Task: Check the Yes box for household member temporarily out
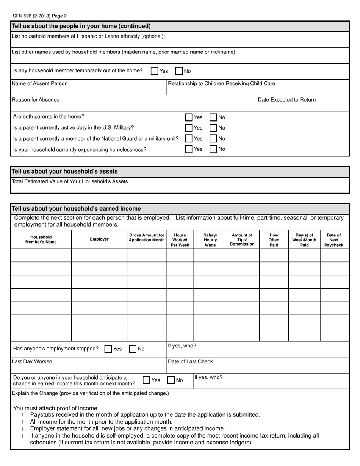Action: (155, 71)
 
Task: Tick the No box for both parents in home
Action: (213, 117)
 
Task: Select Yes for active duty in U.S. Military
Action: (189, 128)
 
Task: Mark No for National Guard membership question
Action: (213, 139)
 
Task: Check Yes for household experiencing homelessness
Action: (189, 149)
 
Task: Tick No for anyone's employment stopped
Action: (133, 349)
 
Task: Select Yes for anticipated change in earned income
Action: (147, 380)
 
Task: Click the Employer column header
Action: (99, 239)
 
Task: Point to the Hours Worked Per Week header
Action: (180, 240)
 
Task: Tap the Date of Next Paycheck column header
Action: (334, 240)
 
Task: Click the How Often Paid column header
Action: (274, 240)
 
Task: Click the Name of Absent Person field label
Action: (40, 84)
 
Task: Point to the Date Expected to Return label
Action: (286, 100)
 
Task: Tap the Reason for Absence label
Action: (36, 100)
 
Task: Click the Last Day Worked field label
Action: (32, 362)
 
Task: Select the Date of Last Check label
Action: (190, 362)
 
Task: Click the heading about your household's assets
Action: (65, 172)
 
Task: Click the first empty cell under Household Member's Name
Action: (41, 255)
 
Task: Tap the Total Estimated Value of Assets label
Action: (70, 181)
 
